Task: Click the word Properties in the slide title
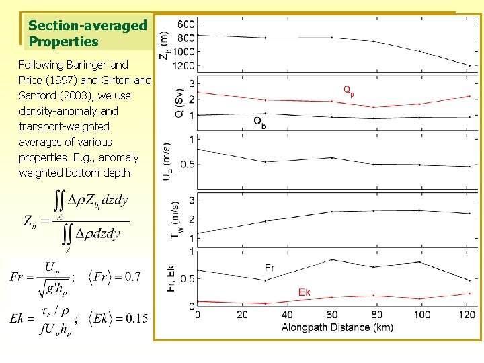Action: click(x=64, y=42)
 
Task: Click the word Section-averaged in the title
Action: click(x=87, y=26)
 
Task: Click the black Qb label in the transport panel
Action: click(x=259, y=122)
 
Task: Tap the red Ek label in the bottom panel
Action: click(x=304, y=291)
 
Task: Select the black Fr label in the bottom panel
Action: click(x=269, y=268)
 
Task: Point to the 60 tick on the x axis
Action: click(x=332, y=315)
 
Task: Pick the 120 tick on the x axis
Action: click(x=469, y=315)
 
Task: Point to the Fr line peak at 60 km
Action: click(x=331, y=259)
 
